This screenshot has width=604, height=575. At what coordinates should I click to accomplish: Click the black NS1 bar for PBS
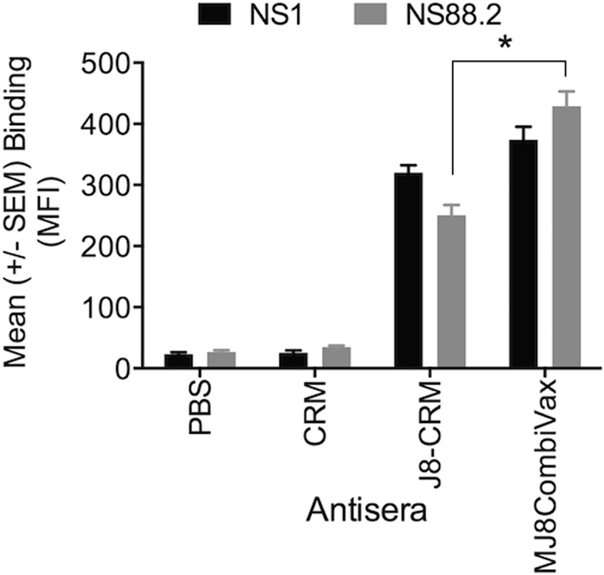point(178,360)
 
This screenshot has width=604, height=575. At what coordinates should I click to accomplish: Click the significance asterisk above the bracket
point(506,44)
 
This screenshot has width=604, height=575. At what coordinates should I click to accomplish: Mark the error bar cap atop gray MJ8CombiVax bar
point(566,91)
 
